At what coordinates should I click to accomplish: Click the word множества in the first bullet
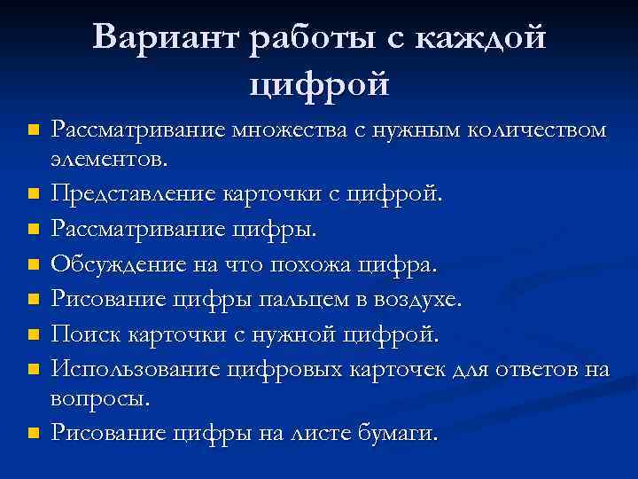tap(284, 131)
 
